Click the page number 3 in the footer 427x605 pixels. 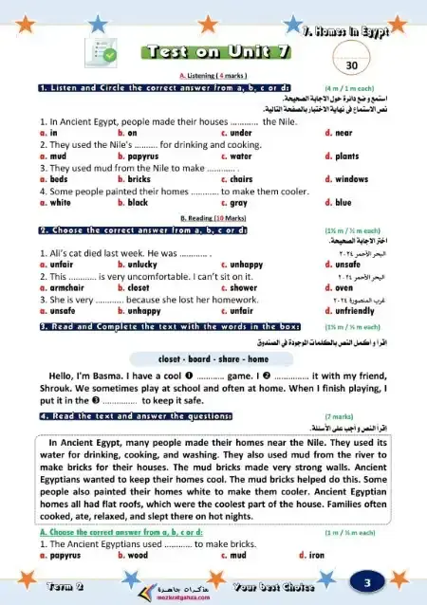point(365,580)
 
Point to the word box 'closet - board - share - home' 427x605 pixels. point(212,359)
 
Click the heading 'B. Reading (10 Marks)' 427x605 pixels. point(213,217)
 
